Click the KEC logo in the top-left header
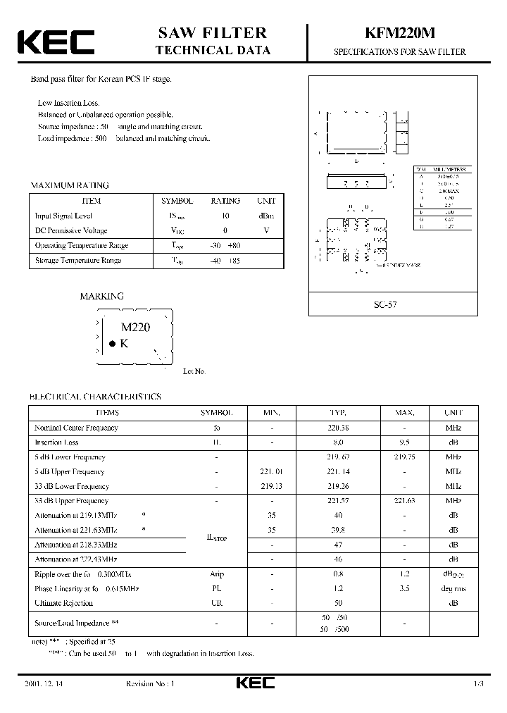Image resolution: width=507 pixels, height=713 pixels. tap(55, 42)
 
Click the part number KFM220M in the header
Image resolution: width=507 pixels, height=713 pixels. tap(399, 33)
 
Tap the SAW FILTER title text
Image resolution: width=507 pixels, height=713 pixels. tap(213, 33)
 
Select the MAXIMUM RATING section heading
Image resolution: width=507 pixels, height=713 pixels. tap(69, 185)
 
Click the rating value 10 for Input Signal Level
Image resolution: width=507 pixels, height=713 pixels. tap(225, 216)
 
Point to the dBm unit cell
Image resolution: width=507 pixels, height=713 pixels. tap(267, 216)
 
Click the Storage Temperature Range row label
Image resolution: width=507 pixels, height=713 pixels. tap(78, 261)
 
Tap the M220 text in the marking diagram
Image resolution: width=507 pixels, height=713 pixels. tap(136, 327)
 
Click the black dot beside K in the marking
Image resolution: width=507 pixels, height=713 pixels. tap(111, 344)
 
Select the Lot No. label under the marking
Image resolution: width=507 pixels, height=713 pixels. tap(194, 371)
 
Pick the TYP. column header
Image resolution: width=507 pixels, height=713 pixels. tap(337, 413)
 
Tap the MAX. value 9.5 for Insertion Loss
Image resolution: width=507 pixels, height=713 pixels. tap(404, 442)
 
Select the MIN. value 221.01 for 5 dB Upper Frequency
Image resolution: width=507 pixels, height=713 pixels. tap(272, 472)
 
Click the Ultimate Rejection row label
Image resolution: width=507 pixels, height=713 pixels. tap(63, 603)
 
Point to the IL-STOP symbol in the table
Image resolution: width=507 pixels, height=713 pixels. tap(217, 538)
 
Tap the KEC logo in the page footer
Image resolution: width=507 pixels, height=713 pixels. tap(254, 683)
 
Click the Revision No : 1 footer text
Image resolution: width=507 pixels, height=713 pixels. tap(149, 684)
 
